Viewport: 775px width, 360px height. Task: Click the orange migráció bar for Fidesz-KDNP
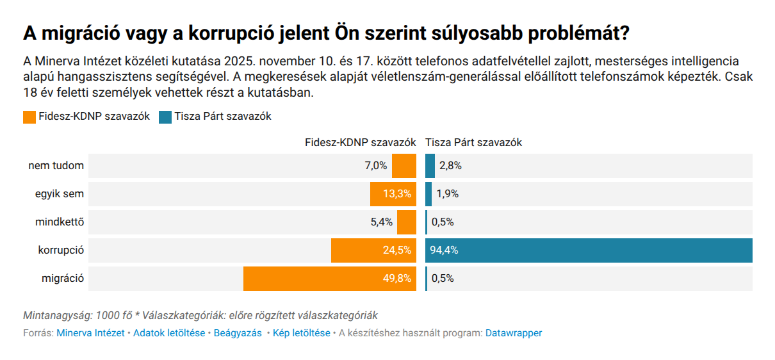coord(329,279)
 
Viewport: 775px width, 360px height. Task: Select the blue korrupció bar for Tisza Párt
coord(588,250)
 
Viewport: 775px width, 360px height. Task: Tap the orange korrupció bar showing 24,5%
coord(373,250)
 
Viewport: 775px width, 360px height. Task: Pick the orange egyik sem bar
coord(393,194)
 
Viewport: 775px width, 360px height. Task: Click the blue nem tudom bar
coord(430,166)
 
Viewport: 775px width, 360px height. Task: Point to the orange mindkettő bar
coord(406,222)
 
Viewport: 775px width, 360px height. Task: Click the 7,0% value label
coord(376,166)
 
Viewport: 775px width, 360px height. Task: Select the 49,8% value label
coord(397,279)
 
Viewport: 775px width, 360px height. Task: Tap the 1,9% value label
coord(447,194)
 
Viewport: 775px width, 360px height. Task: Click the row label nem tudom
coord(56,166)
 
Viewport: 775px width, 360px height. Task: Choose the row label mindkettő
coord(60,222)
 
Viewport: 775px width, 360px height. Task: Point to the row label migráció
coord(62,279)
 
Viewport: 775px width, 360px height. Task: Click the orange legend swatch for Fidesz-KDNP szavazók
coord(29,117)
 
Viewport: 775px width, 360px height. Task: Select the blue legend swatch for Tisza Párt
coord(165,117)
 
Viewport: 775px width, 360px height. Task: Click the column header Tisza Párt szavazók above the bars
coord(473,143)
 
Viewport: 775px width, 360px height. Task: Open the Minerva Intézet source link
coord(90,333)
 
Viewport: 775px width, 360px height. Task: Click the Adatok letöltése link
coord(169,333)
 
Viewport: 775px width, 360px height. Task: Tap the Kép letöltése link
coord(301,333)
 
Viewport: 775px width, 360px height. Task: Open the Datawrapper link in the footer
coord(514,333)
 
